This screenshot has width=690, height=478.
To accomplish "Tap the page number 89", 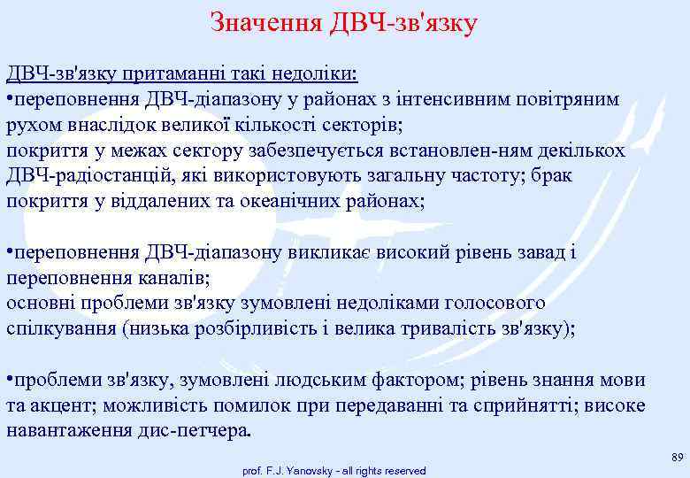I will pos(678,457).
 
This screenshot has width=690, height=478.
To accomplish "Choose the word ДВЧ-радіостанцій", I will pos(93,175).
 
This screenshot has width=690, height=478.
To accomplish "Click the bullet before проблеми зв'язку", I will pos(9,380).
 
